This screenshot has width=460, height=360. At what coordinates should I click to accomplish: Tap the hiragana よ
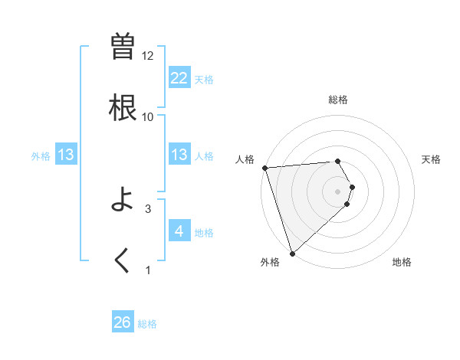point(123,200)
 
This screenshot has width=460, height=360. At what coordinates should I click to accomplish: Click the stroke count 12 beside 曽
point(148,56)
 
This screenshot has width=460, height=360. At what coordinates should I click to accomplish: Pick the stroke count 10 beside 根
point(148,116)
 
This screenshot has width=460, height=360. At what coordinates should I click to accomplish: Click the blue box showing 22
point(179,77)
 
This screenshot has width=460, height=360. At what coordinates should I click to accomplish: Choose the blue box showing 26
point(123,322)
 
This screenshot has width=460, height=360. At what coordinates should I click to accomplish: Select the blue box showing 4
point(179,231)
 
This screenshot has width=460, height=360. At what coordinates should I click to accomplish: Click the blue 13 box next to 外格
point(66,155)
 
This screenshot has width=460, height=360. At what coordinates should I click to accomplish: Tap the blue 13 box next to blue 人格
point(179,155)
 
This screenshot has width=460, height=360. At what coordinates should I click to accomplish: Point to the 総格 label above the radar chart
point(338,100)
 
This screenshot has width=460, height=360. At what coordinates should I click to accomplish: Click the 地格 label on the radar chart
point(402,263)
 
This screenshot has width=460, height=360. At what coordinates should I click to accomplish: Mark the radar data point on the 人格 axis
point(264,168)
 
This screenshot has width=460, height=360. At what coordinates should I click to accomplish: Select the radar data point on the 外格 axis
point(292,253)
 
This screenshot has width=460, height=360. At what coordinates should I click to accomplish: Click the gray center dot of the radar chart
point(338,191)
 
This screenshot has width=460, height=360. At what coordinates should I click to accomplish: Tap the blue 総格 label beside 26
point(147,324)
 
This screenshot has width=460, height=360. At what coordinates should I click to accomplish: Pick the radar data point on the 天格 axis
point(352,187)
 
